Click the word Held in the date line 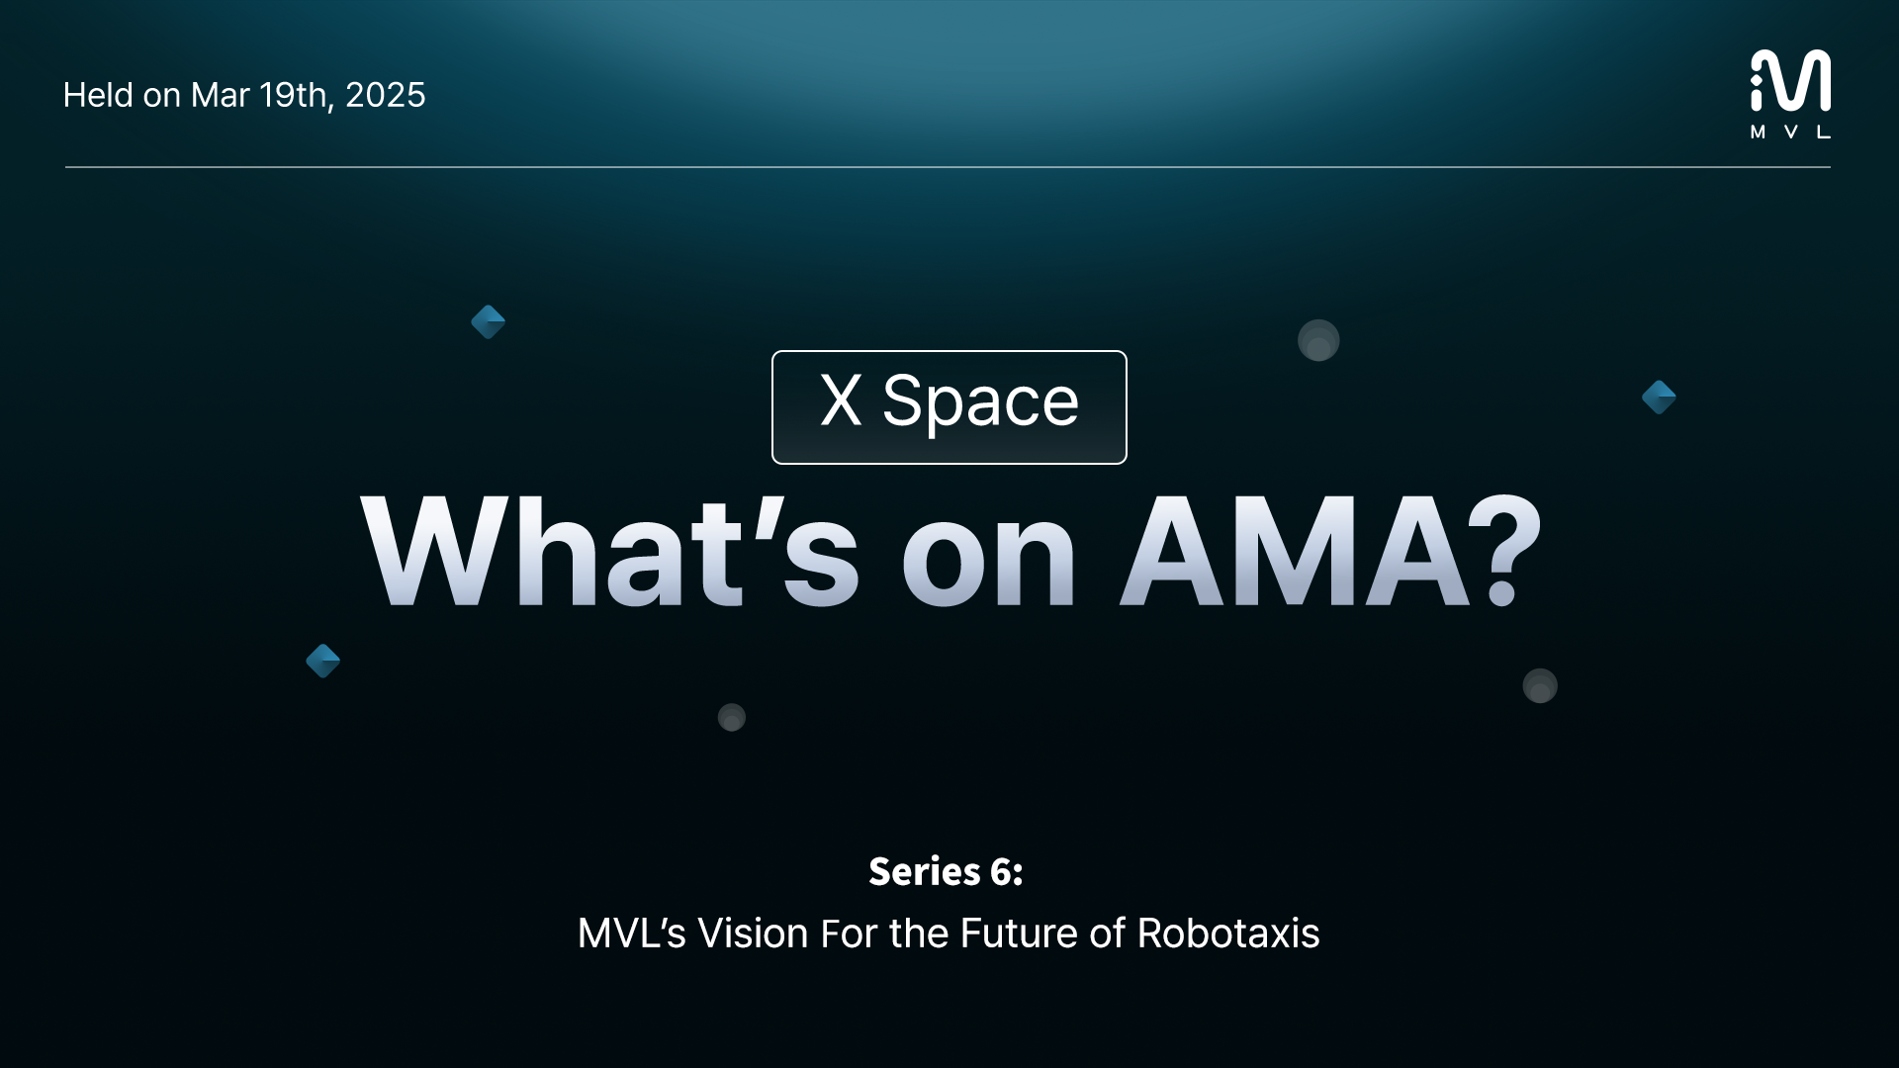pos(98,95)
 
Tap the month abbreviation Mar pos(220,95)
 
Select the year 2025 pos(386,95)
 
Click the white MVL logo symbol pos(1790,81)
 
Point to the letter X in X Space pos(841,400)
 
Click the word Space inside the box pos(980,402)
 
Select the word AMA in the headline pos(1296,551)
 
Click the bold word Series pos(925,871)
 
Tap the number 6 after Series pos(1002,872)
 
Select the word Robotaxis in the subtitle pos(1228,934)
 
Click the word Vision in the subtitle pos(754,934)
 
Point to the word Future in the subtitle pos(1019,934)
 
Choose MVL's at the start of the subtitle pos(631,934)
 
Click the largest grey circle pos(1318,340)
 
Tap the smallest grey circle pos(731,717)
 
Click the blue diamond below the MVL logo pos(1659,398)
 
